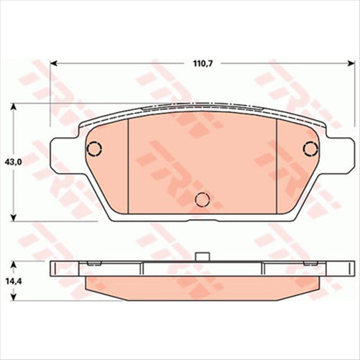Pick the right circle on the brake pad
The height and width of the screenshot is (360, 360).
(x=310, y=149)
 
